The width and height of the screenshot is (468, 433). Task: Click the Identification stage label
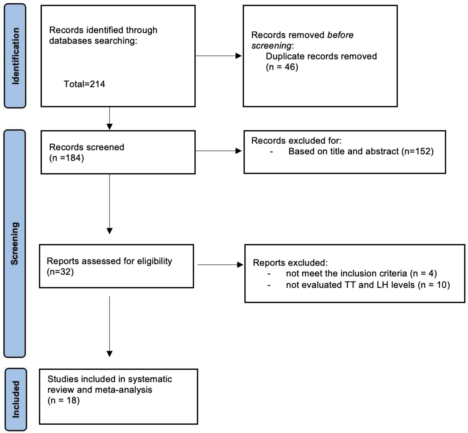click(x=15, y=56)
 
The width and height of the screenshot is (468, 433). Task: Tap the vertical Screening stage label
click(x=15, y=243)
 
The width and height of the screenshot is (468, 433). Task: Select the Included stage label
click(x=16, y=399)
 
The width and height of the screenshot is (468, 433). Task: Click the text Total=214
click(x=84, y=84)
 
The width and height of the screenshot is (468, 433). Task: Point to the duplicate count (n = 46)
click(x=282, y=67)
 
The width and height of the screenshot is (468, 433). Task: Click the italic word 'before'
click(x=340, y=35)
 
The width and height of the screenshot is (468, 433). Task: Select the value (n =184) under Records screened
click(x=67, y=158)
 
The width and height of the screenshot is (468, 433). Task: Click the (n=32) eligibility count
click(x=60, y=272)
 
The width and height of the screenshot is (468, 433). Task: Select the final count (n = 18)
click(x=64, y=400)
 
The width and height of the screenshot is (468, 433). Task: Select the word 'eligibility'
click(x=154, y=261)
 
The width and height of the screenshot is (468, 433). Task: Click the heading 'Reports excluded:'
click(x=290, y=263)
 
